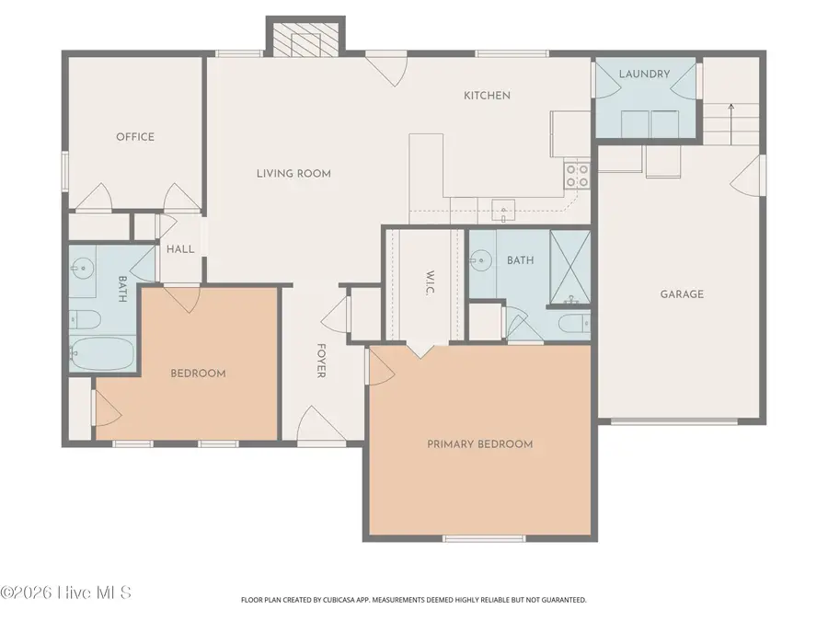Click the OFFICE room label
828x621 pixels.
pos(135,137)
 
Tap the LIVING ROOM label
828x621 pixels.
pos(293,173)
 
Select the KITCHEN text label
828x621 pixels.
pos(487,96)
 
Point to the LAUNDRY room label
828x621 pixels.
pos(644,74)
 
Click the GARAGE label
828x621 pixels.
pos(682,294)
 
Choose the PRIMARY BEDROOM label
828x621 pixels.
pos(479,444)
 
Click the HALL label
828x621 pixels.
pos(180,248)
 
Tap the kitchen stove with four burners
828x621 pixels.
pos(577,175)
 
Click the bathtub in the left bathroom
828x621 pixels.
pos(102,354)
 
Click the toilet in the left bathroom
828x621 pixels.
pos(82,319)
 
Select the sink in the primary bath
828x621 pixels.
pos(479,260)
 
